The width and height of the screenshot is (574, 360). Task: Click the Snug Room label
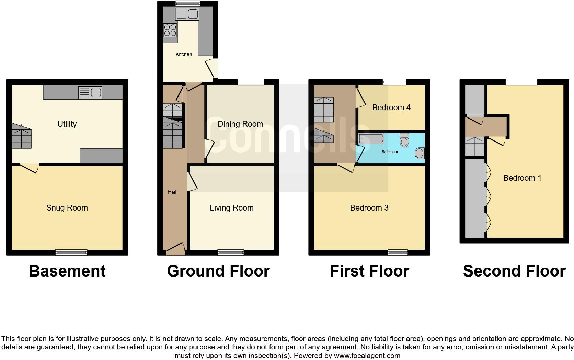[67, 208]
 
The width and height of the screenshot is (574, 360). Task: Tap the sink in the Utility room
[90, 92]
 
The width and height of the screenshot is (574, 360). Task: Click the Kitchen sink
[187, 14]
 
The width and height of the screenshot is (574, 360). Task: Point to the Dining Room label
[240, 124]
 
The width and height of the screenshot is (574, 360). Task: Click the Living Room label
[231, 208]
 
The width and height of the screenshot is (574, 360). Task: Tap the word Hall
[172, 192]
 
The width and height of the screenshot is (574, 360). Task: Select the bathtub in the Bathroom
[371, 139]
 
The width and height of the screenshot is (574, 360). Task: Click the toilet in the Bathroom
[404, 140]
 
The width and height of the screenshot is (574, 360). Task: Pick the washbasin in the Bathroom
[420, 153]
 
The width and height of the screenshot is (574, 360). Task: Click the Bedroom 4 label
[391, 108]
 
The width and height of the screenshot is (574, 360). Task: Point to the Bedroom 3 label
[369, 208]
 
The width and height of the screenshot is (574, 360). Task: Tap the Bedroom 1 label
[522, 178]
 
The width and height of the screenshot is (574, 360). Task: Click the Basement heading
[67, 271]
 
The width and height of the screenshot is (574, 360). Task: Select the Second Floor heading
[514, 271]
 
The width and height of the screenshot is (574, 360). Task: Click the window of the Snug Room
[71, 252]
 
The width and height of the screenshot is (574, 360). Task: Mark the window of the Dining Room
[251, 82]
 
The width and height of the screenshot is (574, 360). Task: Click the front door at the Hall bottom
[175, 249]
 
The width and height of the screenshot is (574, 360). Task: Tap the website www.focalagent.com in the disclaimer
[367, 356]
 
